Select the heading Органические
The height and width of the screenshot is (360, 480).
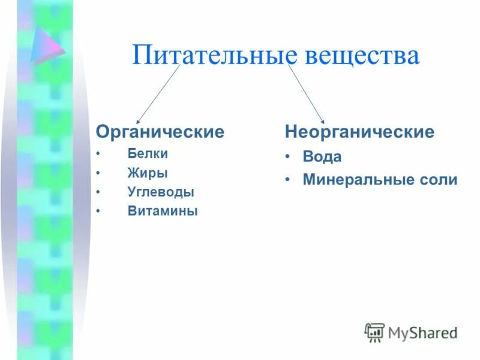click(x=160, y=131)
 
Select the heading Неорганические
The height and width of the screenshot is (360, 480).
click(x=359, y=131)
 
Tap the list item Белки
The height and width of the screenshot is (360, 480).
click(x=148, y=154)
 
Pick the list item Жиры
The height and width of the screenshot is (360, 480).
click(x=148, y=173)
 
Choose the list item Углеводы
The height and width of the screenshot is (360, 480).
click(x=161, y=193)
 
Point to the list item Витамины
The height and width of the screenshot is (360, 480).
click(x=163, y=211)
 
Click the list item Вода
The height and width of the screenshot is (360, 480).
click(x=322, y=157)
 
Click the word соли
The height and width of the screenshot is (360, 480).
click(x=440, y=179)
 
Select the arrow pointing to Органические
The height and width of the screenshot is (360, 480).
click(x=158, y=94)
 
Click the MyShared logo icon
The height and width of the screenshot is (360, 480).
click(x=374, y=332)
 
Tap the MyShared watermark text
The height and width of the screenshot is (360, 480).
click(x=422, y=332)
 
